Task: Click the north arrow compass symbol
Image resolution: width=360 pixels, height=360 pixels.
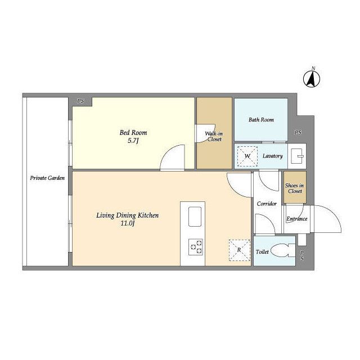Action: click(311, 79)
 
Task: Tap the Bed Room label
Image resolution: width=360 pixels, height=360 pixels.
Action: click(133, 133)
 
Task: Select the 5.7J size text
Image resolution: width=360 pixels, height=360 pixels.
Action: click(133, 141)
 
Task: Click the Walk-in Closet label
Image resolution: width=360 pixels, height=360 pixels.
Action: click(214, 136)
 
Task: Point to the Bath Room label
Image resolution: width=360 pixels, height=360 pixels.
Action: click(261, 120)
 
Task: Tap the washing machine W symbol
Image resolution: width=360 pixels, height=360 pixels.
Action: click(247, 156)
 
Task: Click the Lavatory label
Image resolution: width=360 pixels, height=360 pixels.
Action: click(272, 156)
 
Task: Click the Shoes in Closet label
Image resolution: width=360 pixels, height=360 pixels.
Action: click(295, 188)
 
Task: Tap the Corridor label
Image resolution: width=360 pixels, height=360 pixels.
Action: click(267, 204)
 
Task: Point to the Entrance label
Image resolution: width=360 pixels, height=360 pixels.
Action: click(296, 219)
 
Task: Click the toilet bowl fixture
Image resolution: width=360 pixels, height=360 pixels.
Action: click(283, 250)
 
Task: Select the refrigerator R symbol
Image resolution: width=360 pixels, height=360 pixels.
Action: click(239, 250)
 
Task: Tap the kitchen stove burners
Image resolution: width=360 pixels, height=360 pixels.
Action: click(196, 247)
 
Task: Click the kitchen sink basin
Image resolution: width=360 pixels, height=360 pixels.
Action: click(195, 216)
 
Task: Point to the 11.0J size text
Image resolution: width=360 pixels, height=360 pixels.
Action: click(128, 223)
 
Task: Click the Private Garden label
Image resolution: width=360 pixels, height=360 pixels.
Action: click(47, 178)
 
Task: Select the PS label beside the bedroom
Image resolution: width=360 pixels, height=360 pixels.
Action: click(80, 101)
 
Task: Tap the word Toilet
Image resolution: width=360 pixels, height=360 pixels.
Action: click(262, 252)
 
